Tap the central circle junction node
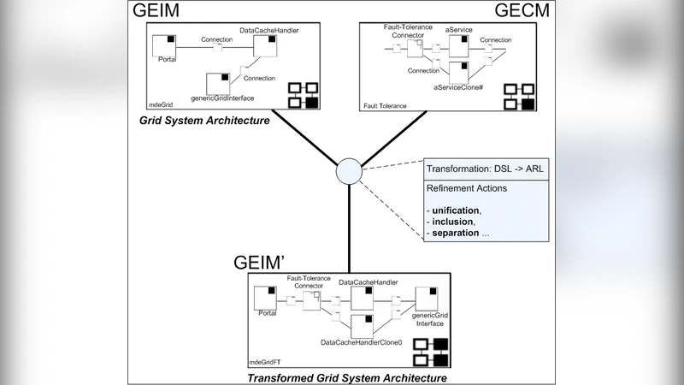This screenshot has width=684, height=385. (349, 171)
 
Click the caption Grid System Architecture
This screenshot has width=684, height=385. (204, 121)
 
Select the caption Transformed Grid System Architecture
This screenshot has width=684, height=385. (346, 376)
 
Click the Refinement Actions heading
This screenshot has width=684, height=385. (468, 187)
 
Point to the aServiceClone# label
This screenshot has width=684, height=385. (458, 87)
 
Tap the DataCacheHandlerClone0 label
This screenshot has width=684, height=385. (361, 342)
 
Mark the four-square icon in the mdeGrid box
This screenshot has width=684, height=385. (302, 94)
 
